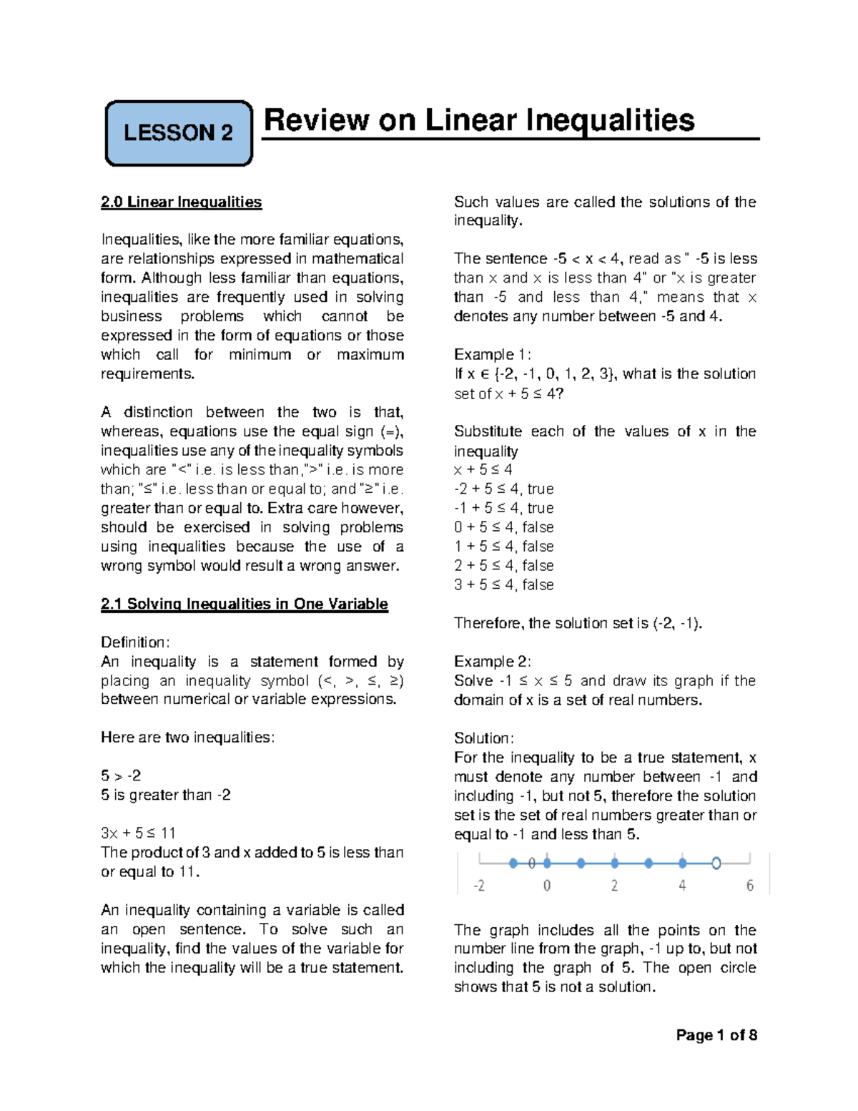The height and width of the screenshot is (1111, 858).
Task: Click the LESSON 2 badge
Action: [179, 133]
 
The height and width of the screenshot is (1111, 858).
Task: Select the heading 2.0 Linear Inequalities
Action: [182, 202]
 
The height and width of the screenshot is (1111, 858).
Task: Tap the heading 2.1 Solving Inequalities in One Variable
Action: [245, 604]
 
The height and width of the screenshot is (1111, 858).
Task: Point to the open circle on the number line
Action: [716, 863]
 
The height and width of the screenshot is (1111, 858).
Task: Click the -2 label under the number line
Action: [478, 886]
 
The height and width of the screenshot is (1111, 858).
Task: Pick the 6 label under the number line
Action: [749, 886]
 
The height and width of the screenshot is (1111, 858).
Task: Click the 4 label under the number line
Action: [682, 886]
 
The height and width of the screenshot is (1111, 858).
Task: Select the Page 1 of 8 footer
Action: [716, 1035]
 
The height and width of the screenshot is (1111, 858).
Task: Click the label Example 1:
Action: [492, 355]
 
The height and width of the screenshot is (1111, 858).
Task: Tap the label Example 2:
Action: [492, 662]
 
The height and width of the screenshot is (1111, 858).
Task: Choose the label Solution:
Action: [483, 738]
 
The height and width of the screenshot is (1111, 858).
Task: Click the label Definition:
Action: [135, 642]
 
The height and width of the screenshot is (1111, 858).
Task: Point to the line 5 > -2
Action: [121, 776]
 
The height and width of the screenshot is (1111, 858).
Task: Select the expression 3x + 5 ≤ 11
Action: [138, 833]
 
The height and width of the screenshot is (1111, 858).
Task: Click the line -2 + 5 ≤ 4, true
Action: [503, 489]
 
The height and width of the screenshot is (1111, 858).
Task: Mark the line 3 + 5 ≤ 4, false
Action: [503, 585]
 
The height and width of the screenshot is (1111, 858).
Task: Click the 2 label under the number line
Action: [614, 886]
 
